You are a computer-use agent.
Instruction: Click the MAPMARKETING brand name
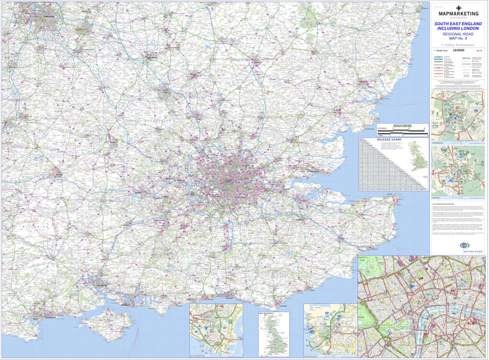point(458,14)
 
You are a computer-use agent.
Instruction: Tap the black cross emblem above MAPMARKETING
point(458,7)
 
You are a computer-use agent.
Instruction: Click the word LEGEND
point(458,51)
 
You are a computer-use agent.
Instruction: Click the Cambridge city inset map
point(458,116)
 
